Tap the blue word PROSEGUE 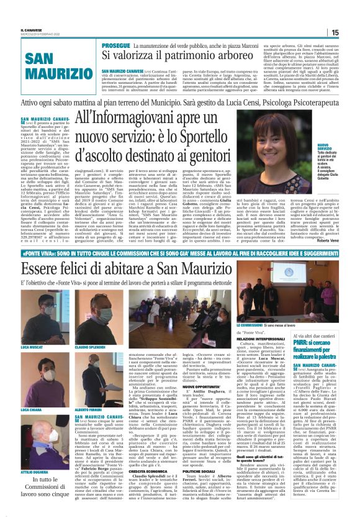click(98, 46)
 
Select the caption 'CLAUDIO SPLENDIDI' click(92, 346)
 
